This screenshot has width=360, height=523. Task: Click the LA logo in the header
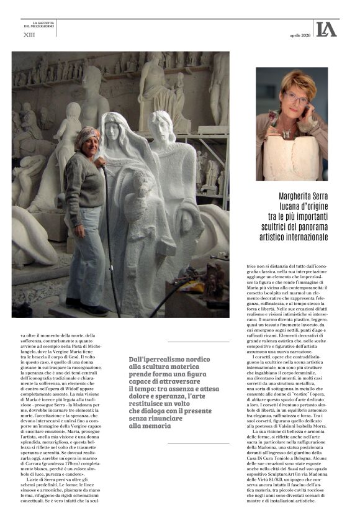326,29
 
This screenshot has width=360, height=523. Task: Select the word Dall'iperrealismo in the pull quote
153,360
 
